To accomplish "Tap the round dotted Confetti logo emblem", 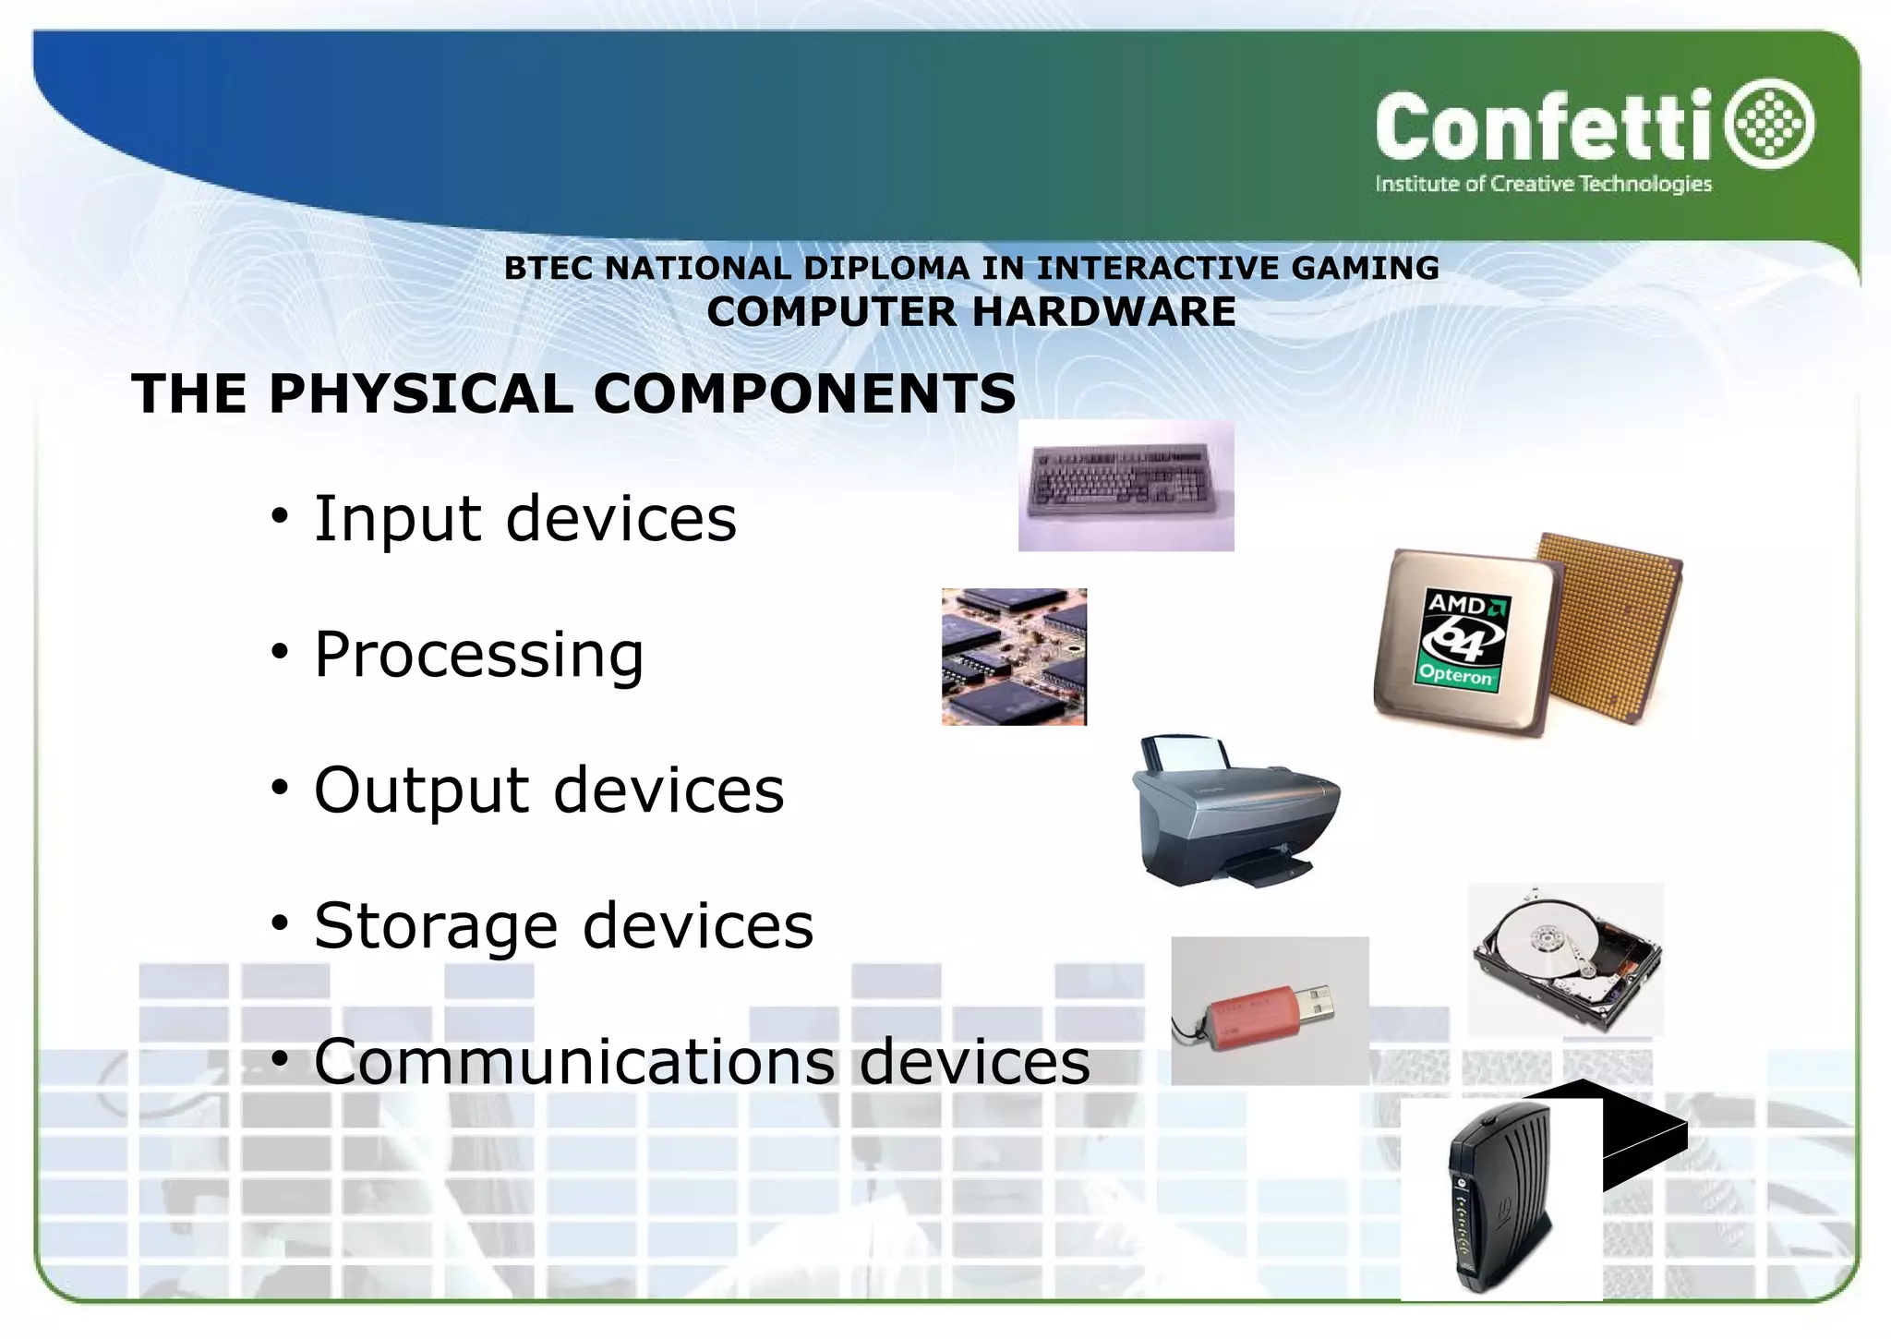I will point(1770,124).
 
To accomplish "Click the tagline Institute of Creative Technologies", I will point(1543,184).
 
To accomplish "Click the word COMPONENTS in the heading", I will point(804,393).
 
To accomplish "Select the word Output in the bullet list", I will point(421,790).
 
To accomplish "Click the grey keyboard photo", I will point(1126,486).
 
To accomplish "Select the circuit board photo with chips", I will point(1014,657).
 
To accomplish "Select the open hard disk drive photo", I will point(1566,959).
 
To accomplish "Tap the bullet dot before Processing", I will point(280,653).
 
